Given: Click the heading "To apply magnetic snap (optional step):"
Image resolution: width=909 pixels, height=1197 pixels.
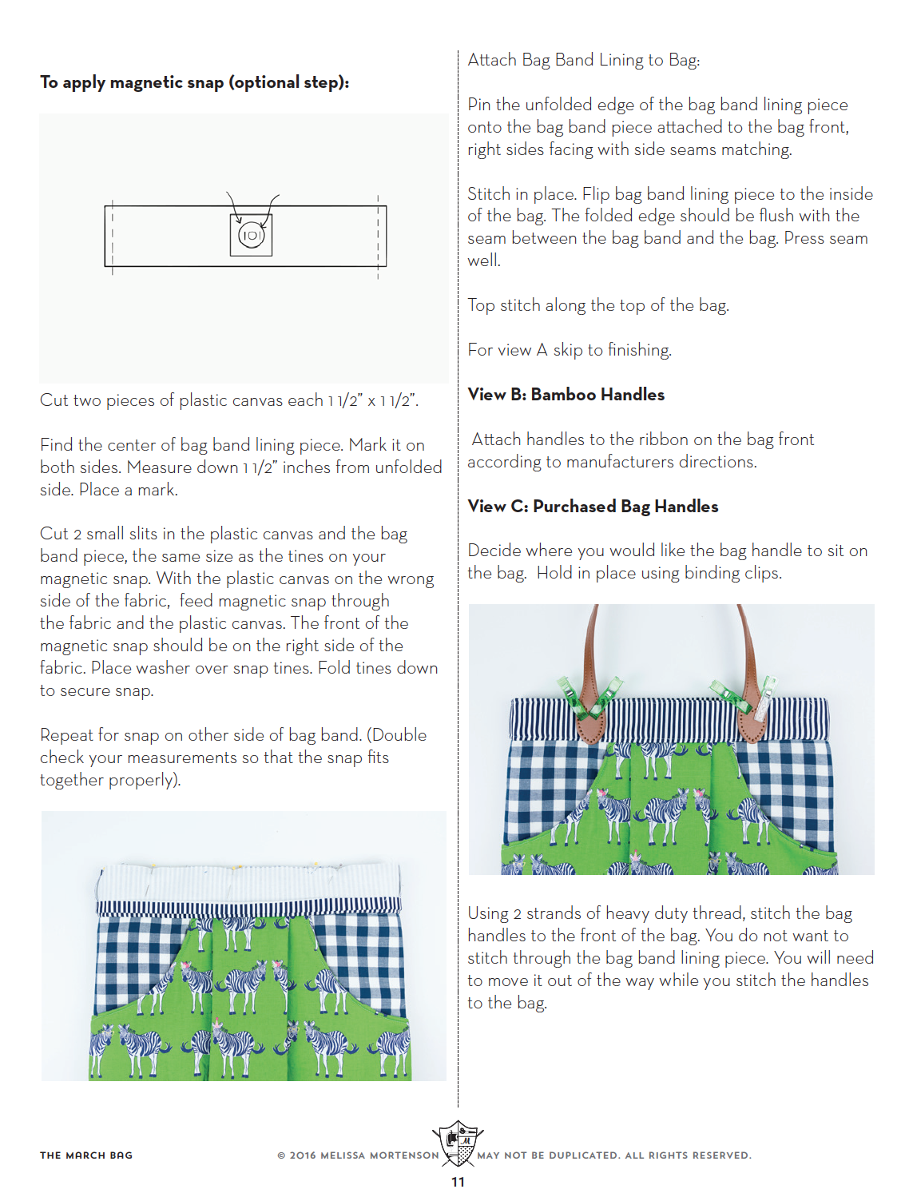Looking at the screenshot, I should [194, 82].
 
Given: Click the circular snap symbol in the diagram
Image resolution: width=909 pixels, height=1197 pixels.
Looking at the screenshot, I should [251, 235].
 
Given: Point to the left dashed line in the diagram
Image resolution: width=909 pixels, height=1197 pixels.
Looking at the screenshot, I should [113, 237].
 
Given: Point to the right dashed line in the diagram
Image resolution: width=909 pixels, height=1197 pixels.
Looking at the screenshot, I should [378, 237].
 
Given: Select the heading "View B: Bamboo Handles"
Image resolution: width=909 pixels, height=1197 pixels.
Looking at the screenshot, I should [566, 395].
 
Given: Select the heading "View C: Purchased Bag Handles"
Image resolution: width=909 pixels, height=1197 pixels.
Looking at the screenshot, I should [593, 507].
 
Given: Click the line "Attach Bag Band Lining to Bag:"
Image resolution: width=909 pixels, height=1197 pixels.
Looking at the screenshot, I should [583, 60].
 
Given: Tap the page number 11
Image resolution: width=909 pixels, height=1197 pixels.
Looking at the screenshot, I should [458, 1182].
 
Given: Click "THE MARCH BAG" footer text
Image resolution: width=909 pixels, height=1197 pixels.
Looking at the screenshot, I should [86, 1155].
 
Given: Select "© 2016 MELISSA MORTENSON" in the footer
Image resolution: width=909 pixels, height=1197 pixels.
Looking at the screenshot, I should [358, 1155].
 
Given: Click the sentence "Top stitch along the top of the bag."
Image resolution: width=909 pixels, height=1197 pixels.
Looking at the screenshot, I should [597, 305].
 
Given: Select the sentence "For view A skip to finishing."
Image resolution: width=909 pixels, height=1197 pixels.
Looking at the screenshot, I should [569, 350].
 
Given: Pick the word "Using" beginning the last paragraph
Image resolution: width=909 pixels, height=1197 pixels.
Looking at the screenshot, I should [487, 913].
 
